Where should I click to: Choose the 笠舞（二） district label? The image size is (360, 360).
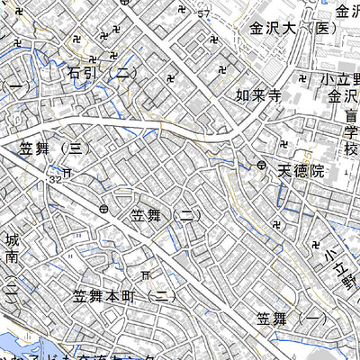pyautogui.click(x=163, y=216)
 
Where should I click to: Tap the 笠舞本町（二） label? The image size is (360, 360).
pyautogui.click(x=125, y=295)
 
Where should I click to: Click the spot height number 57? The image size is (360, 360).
pyautogui.click(x=202, y=13)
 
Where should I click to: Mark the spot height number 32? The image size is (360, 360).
pyautogui.click(x=56, y=180)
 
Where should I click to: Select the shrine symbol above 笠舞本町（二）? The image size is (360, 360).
pyautogui.click(x=147, y=274)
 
